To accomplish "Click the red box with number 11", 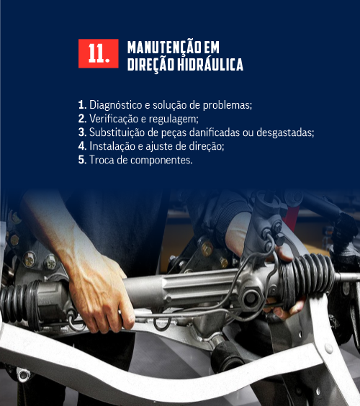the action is click(x=99, y=53).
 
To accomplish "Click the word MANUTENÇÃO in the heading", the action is click(x=164, y=47).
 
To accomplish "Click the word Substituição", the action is click(x=117, y=132).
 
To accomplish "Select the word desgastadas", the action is click(x=285, y=132).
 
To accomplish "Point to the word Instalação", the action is click(x=112, y=146).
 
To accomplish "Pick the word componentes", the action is click(x=161, y=161).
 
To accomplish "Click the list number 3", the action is click(x=82, y=132).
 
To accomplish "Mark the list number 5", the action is click(x=82, y=160).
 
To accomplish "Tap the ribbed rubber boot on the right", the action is click(x=308, y=279).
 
